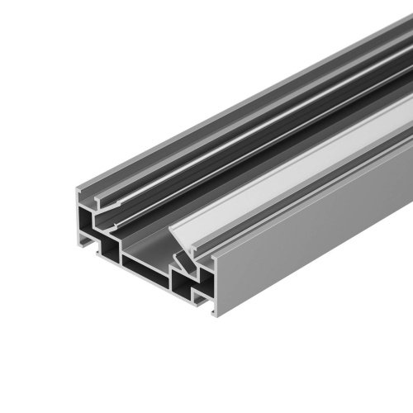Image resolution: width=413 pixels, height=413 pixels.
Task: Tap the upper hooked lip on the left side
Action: pyautogui.click(x=99, y=198)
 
